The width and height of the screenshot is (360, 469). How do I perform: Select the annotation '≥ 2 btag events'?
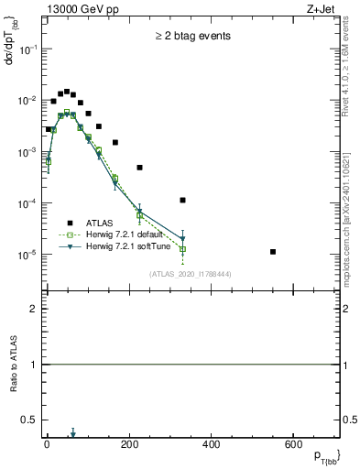coord(192,36)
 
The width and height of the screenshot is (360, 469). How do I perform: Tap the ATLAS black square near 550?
coord(273,251)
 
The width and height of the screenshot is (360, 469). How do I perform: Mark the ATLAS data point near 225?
coord(140,168)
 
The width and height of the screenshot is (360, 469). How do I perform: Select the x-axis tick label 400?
coord(212,444)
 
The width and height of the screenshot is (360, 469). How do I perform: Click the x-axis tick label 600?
coord(293,444)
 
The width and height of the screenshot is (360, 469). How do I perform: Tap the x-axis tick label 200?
coord(129,444)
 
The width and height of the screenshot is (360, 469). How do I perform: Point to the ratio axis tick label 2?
coord(34,309)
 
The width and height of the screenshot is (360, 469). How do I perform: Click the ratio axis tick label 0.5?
coord(30,420)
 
